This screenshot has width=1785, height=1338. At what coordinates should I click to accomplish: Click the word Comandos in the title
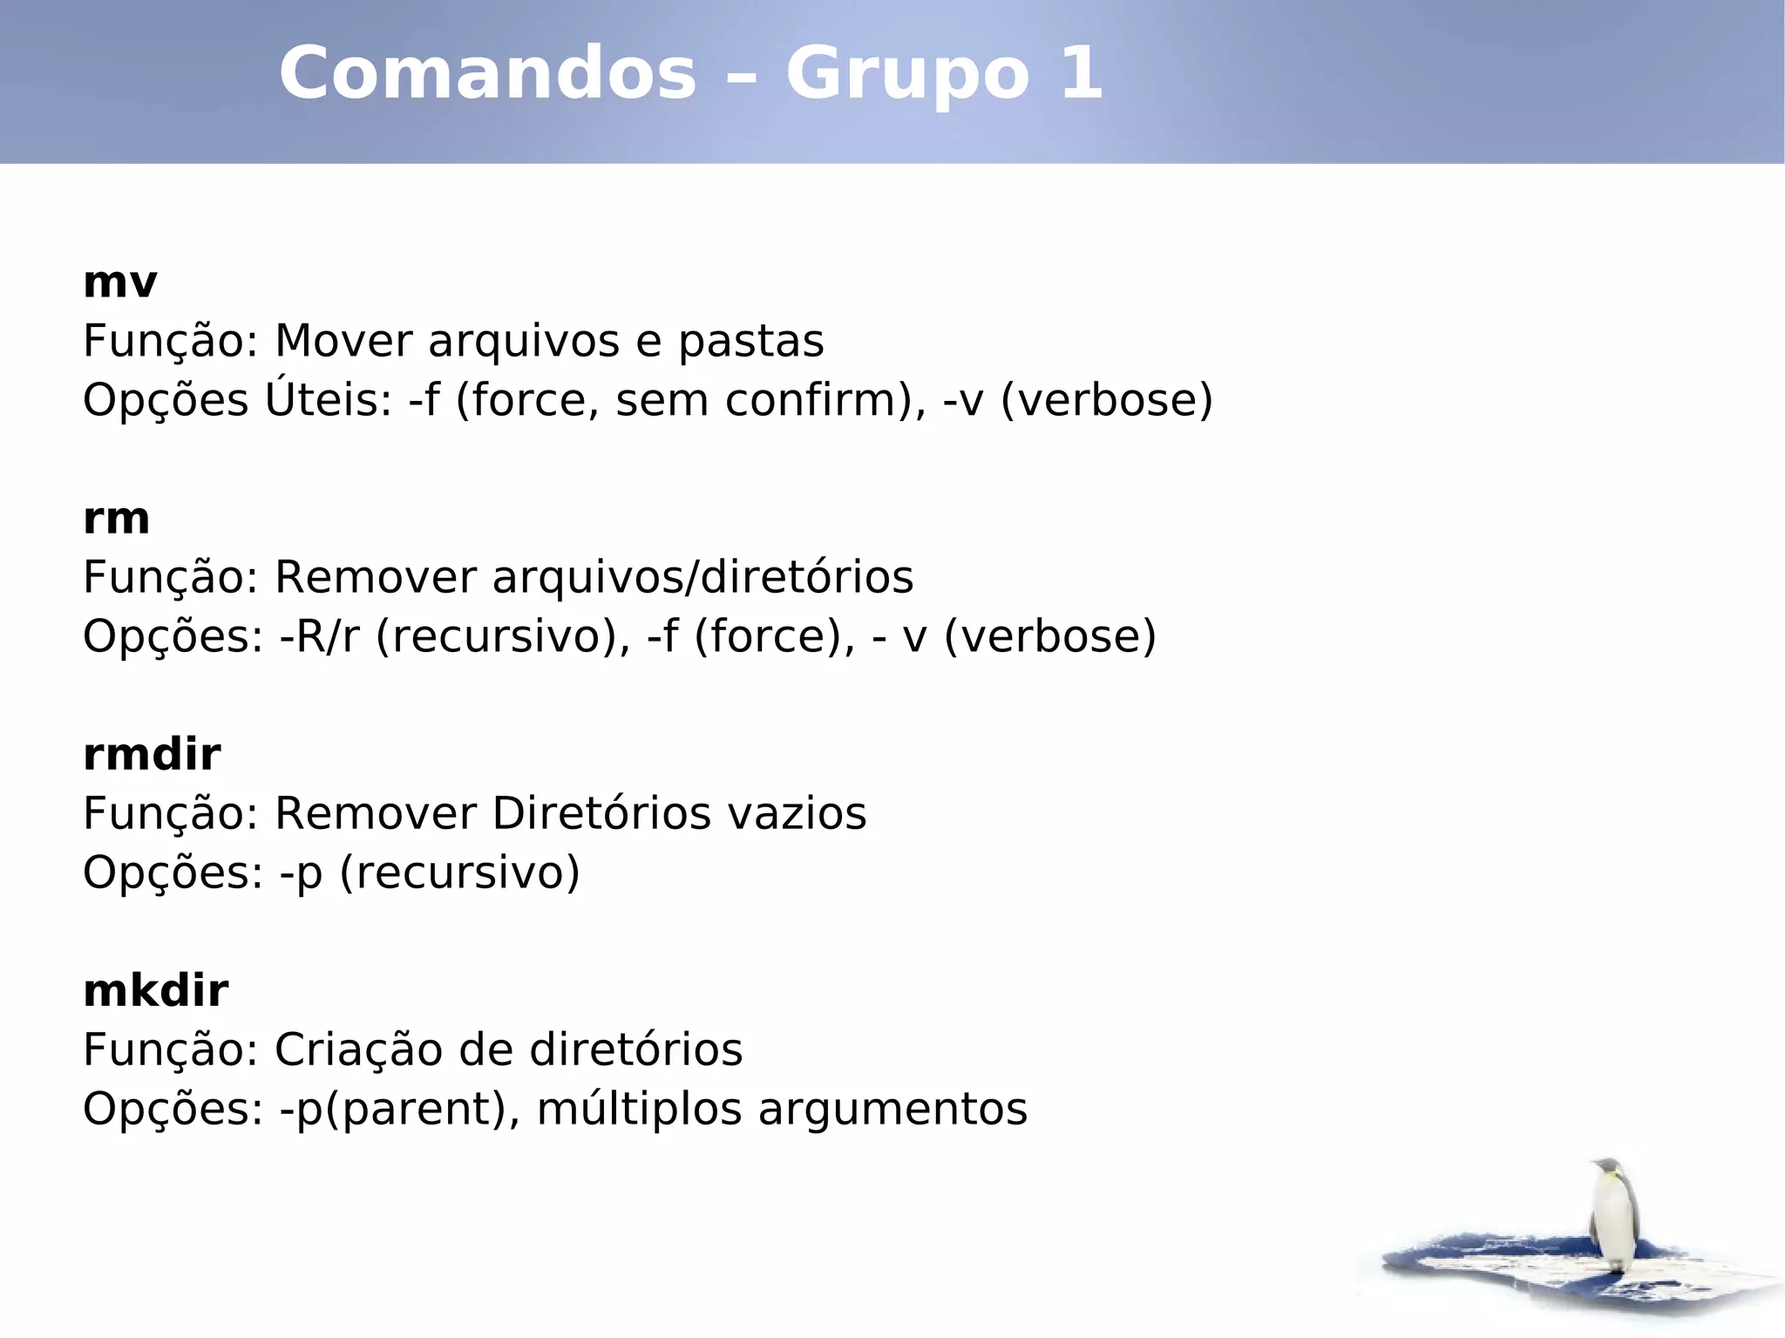click(x=488, y=73)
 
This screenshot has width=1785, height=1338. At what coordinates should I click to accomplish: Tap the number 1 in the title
click(x=1081, y=73)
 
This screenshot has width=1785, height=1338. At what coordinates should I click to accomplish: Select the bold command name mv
click(x=120, y=283)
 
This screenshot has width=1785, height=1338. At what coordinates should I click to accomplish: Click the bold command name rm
click(x=117, y=520)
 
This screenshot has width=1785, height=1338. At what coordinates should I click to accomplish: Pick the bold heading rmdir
click(x=152, y=755)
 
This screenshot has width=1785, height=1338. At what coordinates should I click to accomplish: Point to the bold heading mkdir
click(x=156, y=991)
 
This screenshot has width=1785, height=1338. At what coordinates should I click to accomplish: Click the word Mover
click(x=343, y=341)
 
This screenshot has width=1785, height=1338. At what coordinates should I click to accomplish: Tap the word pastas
click(x=750, y=343)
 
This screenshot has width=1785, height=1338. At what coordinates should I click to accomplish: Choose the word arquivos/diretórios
click(x=703, y=578)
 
